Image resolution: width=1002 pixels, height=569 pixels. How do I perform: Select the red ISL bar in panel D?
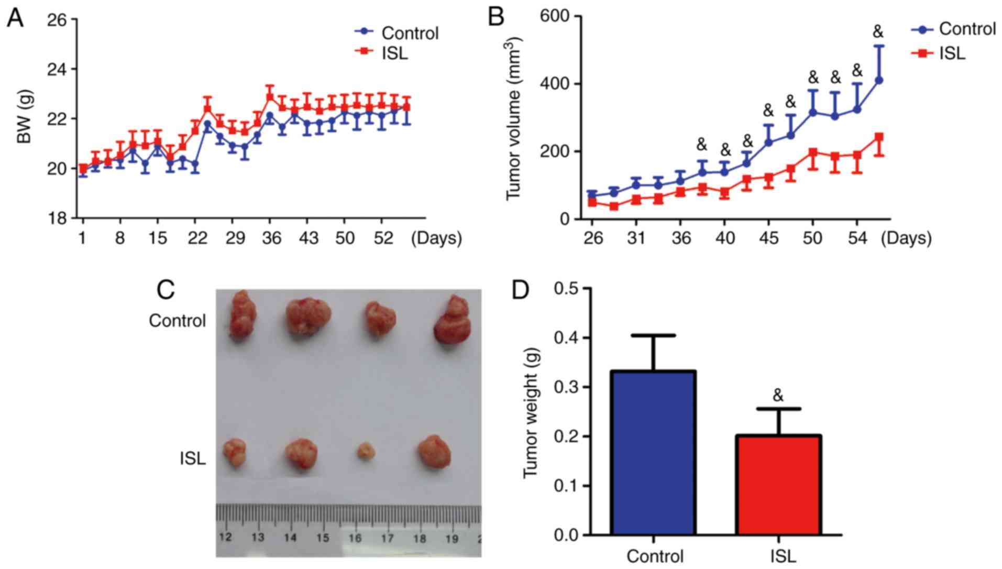pos(778,484)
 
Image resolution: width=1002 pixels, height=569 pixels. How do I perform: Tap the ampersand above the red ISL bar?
pos(778,396)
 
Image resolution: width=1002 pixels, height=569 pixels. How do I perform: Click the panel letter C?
pos(166,290)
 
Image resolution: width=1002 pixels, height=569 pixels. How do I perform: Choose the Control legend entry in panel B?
pos(967,29)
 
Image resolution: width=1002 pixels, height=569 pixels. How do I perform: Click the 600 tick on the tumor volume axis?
pos(557,17)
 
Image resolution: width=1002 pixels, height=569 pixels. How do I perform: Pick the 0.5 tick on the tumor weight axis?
pos(566,289)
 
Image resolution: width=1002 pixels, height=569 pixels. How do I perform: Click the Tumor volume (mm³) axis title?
pos(514,118)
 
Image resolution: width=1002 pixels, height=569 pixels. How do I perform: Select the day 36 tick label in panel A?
pos(271,238)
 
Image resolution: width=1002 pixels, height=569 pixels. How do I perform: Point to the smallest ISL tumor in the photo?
pos(366,451)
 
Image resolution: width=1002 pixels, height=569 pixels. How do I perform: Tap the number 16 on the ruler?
pos(355,538)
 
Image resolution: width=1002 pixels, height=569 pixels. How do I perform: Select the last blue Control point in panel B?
pos(879,80)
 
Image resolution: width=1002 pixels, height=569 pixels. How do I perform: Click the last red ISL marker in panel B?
pos(879,137)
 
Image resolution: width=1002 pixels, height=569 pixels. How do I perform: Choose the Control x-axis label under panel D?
pos(655,555)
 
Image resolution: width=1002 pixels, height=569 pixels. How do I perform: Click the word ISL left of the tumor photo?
pos(193,459)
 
